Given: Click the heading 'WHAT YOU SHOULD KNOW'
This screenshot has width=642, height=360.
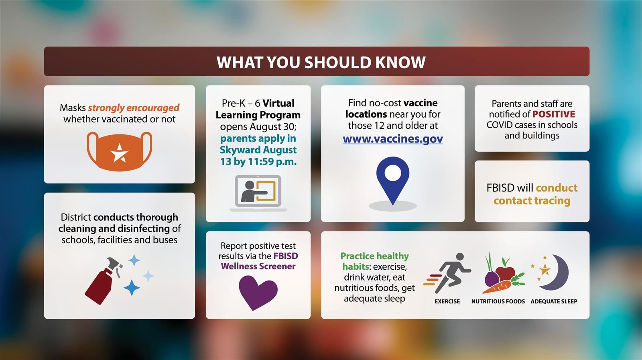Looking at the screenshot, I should tap(321, 62).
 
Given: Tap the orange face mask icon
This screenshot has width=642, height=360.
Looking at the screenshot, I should tap(119, 151).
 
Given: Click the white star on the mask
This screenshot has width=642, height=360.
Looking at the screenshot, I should tap(119, 153).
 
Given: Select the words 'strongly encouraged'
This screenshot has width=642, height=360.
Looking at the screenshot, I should tap(134, 108).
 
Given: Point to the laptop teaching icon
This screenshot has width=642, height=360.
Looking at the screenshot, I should tap(258, 193).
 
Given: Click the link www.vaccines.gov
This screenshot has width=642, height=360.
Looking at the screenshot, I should tap(393, 139).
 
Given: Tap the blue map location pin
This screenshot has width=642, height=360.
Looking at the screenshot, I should tap(392, 179).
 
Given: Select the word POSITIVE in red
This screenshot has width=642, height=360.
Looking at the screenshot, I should tap(554, 114).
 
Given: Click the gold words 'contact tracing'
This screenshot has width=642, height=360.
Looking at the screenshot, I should tap(532, 201).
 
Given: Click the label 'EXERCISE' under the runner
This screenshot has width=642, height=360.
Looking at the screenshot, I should tap(447, 301).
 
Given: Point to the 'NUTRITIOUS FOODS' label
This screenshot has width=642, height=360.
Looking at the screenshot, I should tap(498, 301).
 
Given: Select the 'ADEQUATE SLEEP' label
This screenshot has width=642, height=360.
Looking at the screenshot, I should tap(554, 301).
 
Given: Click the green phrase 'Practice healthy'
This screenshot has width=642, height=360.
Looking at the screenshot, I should tap(374, 256).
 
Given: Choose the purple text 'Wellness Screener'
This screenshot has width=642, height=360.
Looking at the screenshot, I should tap(258, 266).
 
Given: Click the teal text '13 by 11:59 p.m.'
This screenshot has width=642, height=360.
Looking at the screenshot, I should tap(258, 162).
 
